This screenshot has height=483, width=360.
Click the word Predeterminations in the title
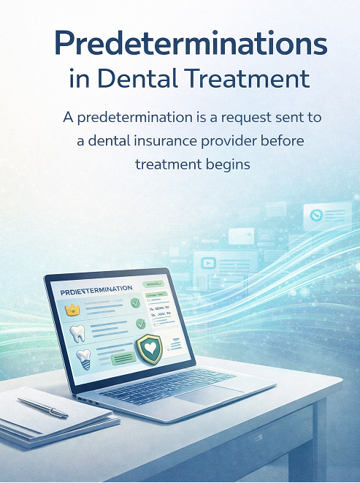click(191, 45)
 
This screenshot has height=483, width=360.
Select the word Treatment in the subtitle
click(249, 78)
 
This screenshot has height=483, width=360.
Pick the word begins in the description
click(224, 164)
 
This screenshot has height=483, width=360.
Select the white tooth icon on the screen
click(77, 334)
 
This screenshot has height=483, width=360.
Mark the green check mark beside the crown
click(134, 303)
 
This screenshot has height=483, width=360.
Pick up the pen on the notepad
click(42, 407)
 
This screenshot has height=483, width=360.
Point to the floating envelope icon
click(241, 236)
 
